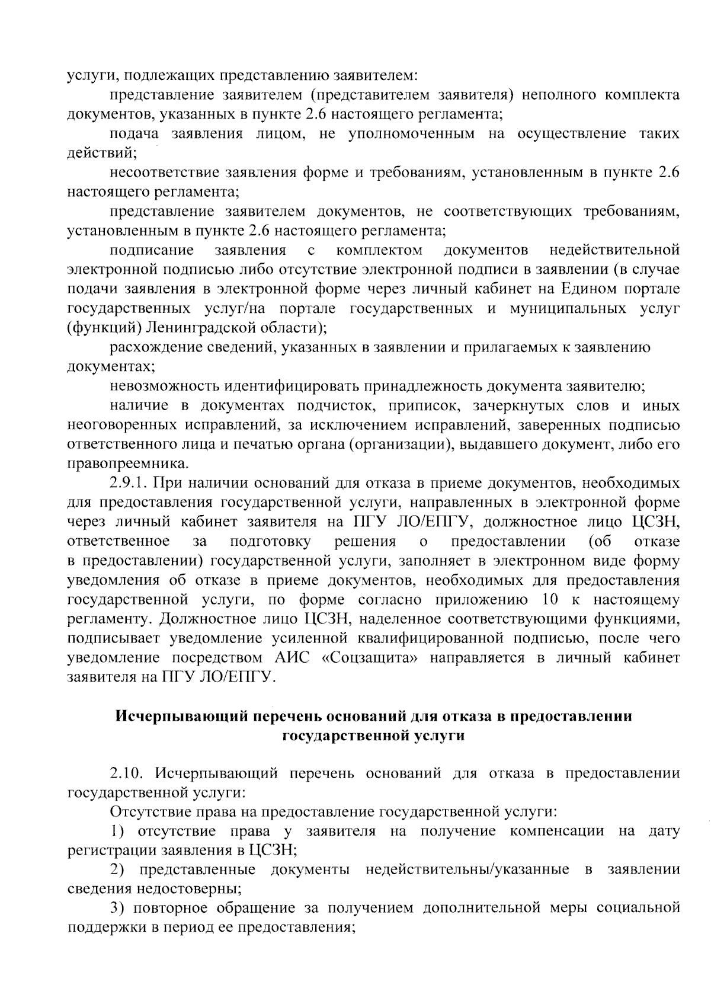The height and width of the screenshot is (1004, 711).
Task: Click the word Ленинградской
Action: [x=193, y=328]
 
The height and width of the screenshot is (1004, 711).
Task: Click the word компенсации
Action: [x=556, y=830]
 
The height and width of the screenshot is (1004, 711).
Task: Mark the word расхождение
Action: [x=156, y=347]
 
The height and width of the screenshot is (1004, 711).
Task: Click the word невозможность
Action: [x=165, y=386]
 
